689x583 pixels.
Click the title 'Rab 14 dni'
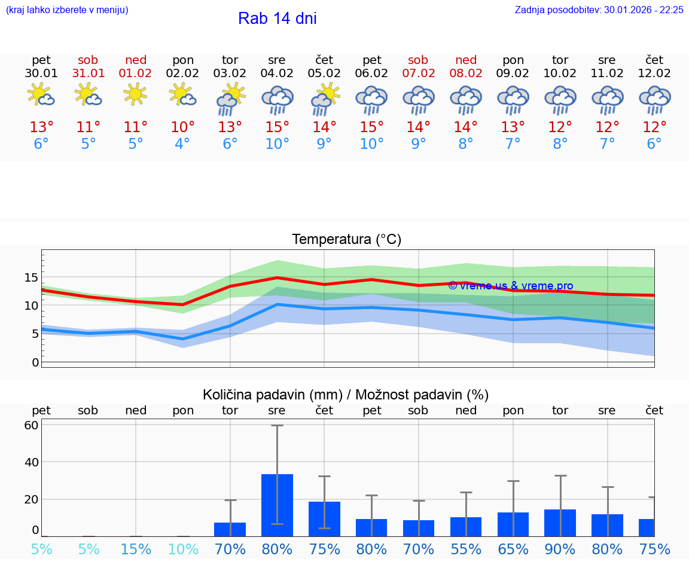[277, 19]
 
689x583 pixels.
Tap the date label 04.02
[277, 74]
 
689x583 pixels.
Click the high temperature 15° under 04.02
[277, 127]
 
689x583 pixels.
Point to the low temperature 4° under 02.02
[182, 144]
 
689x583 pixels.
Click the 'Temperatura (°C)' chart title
[346, 240]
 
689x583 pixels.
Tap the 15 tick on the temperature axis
[31, 277]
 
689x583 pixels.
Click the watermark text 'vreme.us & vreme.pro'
[511, 286]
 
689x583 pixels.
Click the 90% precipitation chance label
[560, 550]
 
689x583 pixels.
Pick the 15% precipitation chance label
[136, 550]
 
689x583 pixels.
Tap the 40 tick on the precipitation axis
[31, 462]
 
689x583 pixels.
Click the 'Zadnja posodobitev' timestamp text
[599, 10]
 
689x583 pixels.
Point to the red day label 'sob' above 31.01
[88, 60]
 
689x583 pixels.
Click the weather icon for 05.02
[325, 98]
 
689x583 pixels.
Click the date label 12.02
[654, 74]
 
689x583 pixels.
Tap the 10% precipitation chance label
[182, 550]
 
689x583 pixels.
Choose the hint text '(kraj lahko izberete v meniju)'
[67, 10]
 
